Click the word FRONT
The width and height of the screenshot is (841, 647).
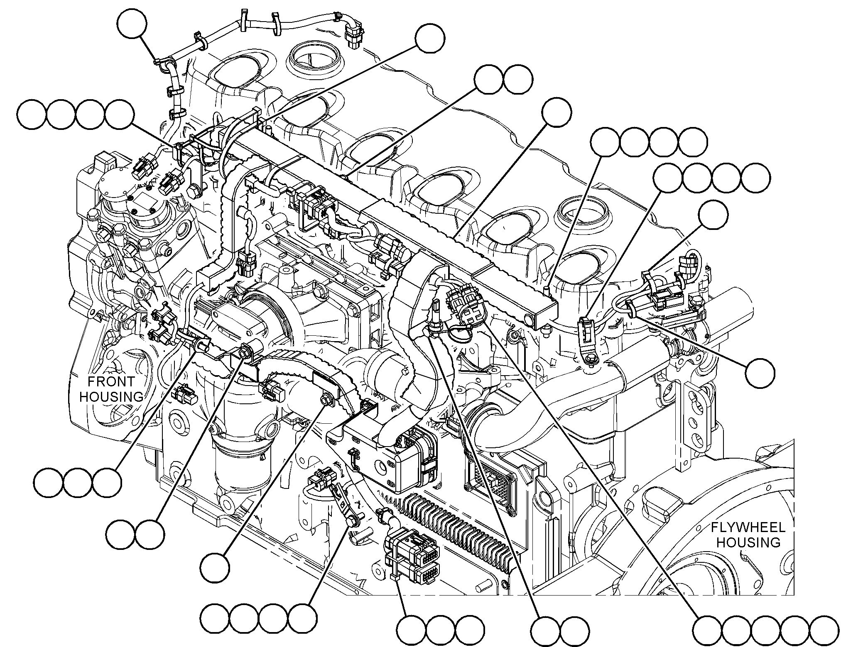click(x=111, y=381)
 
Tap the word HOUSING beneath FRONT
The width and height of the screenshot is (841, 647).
click(x=111, y=397)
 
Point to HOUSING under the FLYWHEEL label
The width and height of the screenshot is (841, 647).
click(x=748, y=542)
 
